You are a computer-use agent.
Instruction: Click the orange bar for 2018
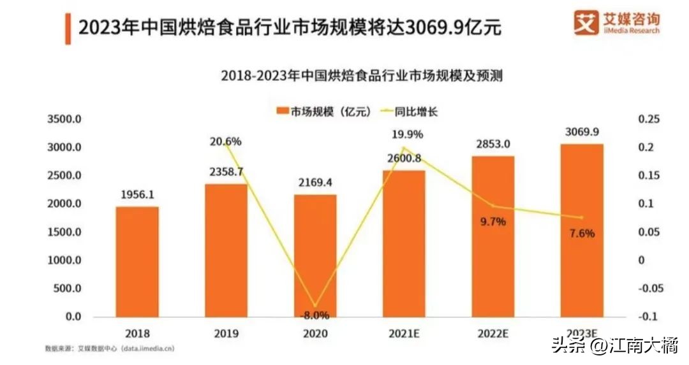(x=137, y=261)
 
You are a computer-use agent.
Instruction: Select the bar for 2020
(x=315, y=255)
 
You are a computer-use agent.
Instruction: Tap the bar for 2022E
(x=493, y=236)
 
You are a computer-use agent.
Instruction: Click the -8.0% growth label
(x=315, y=315)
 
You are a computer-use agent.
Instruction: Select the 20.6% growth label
(x=226, y=141)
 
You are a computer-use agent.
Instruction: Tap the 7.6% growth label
(x=581, y=233)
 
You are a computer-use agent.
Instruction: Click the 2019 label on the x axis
(x=226, y=333)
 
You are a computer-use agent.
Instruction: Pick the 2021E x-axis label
(x=403, y=333)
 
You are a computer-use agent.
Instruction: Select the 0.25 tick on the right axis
(x=649, y=119)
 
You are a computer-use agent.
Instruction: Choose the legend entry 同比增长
(x=408, y=111)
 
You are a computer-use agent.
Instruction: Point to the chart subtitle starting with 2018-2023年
(x=362, y=75)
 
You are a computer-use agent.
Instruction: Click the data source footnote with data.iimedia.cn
(x=109, y=348)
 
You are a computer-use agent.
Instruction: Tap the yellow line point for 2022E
(x=493, y=206)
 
